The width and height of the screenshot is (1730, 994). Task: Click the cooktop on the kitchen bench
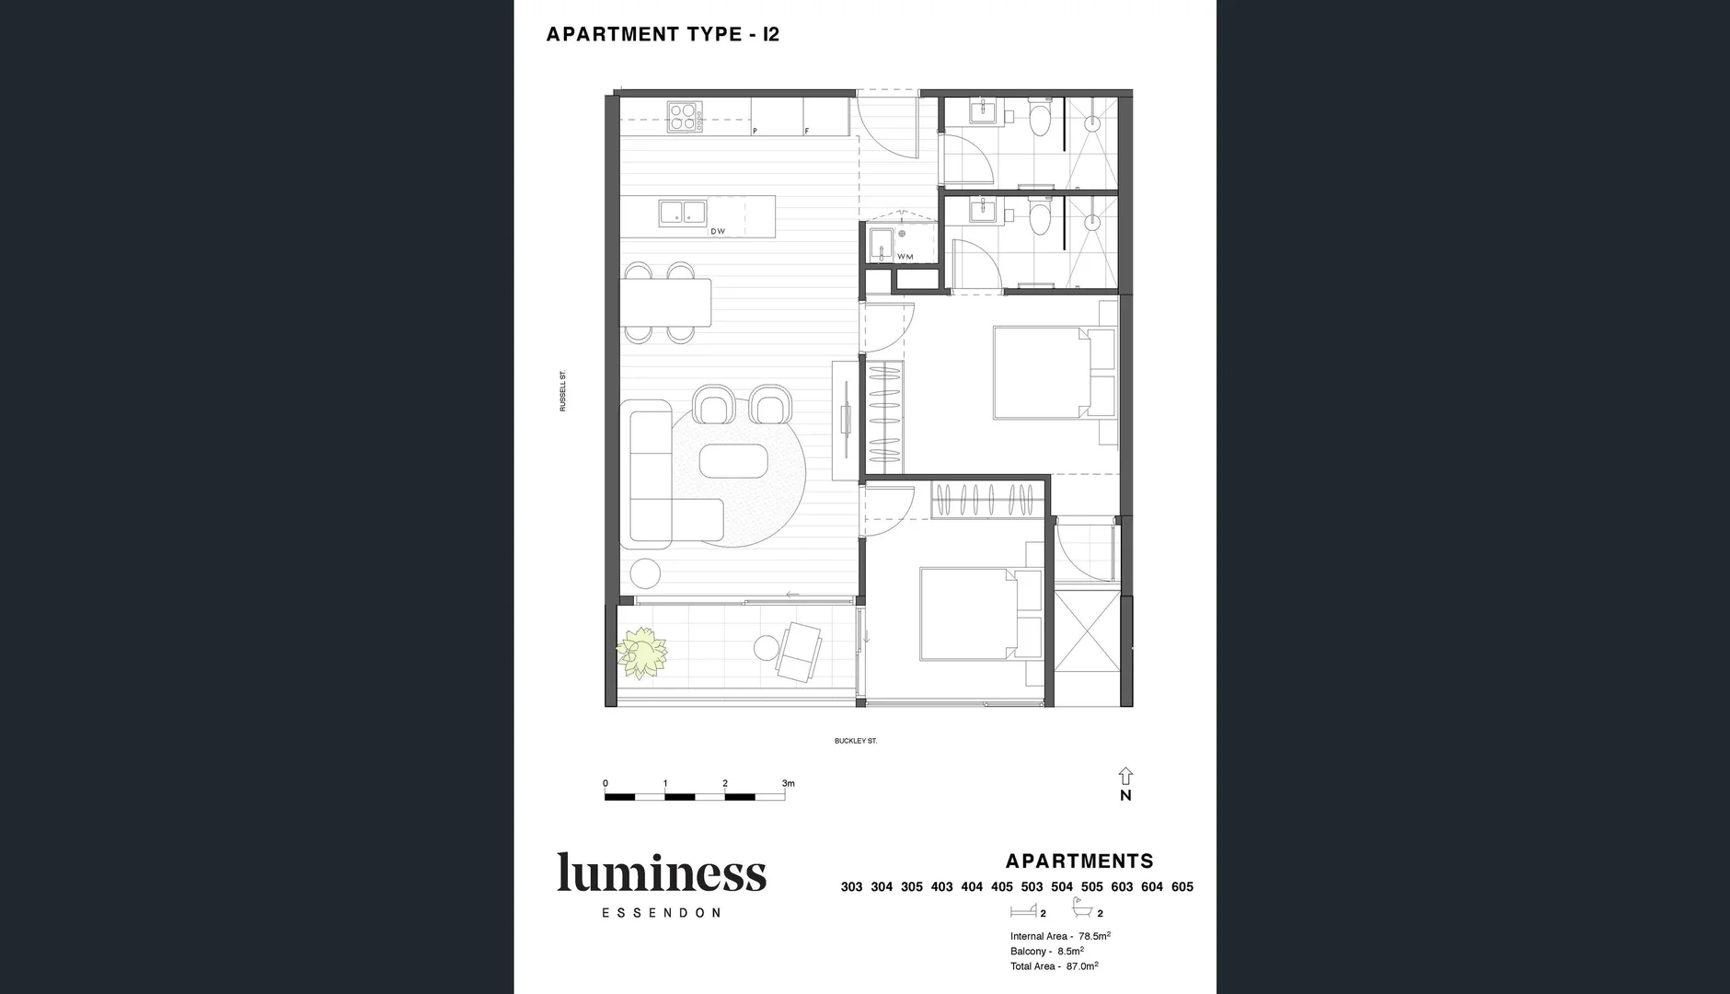click(684, 116)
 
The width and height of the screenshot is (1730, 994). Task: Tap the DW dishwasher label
click(718, 231)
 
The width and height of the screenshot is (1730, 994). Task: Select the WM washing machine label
click(905, 257)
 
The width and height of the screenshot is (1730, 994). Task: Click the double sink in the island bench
click(682, 213)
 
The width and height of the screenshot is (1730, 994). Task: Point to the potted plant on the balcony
click(640, 653)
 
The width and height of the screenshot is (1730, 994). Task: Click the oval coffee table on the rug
click(732, 461)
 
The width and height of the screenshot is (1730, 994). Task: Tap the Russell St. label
click(563, 391)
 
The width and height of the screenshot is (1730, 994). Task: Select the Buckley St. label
click(855, 741)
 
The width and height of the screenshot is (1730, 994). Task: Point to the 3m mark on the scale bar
click(787, 784)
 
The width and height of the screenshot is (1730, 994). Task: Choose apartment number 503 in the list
click(1032, 887)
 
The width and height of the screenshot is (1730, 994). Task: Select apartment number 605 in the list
click(1182, 887)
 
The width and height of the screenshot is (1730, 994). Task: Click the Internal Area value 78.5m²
click(1094, 936)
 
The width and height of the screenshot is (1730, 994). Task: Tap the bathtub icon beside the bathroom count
click(1082, 911)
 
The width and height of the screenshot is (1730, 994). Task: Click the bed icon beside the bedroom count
click(1022, 911)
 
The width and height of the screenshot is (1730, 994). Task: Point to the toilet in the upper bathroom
click(1040, 121)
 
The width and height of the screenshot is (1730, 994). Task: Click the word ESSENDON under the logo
click(661, 913)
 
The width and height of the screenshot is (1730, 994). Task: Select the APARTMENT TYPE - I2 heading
click(663, 35)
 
